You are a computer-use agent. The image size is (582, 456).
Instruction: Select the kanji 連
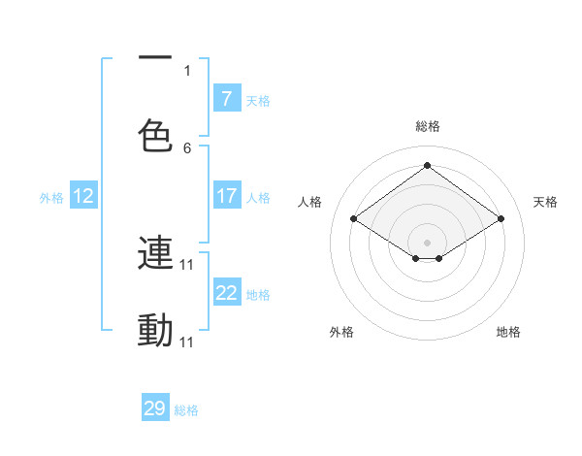(155, 253)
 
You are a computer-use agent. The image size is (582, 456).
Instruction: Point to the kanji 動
(155, 331)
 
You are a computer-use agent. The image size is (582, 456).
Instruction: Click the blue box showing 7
(226, 99)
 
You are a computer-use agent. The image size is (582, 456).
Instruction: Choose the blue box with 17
(226, 196)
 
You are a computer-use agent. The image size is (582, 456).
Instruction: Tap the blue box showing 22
(226, 293)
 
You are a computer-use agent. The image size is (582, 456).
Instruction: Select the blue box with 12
(83, 196)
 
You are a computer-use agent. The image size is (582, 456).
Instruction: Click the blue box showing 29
(155, 408)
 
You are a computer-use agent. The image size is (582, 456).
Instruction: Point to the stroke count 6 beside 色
(187, 147)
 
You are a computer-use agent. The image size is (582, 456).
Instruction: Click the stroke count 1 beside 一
(187, 70)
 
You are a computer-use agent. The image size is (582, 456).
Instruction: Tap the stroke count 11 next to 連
(188, 264)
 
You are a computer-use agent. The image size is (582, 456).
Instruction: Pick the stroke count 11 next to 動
(188, 342)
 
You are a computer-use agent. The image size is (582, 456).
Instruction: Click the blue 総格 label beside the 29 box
(186, 410)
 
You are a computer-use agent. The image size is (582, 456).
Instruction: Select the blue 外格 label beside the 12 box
(51, 197)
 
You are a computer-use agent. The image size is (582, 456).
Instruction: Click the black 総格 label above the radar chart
(428, 126)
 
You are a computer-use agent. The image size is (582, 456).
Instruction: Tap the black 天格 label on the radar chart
(545, 202)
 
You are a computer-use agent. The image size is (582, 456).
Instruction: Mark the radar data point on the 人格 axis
(354, 219)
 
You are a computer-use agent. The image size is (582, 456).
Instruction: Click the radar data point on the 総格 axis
(427, 166)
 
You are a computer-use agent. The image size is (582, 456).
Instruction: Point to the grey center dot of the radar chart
(427, 241)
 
